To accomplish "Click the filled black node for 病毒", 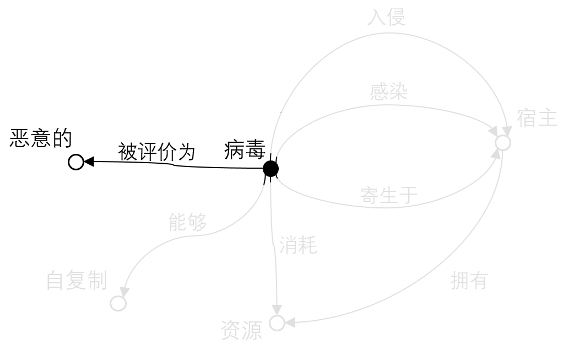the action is (270, 169).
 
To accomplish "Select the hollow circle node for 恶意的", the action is (76, 162).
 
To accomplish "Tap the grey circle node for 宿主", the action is (502, 143).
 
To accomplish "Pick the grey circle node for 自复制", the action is (118, 303).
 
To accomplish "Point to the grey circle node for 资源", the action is (277, 323).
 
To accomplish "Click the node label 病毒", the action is (245, 150).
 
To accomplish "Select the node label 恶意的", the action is (41, 138).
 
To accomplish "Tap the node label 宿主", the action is (537, 119).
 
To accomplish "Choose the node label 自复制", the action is (77, 280).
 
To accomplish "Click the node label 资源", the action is (241, 330).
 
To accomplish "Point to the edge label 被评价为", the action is (156, 152).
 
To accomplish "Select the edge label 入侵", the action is (386, 17).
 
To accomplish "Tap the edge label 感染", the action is (389, 92).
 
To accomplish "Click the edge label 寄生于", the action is (389, 195).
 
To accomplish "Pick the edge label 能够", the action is (188, 222).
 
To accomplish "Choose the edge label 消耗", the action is (298, 245).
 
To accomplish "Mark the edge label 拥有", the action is (469, 281).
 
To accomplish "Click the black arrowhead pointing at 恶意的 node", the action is (89, 162).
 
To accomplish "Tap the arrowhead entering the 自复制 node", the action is (125, 292).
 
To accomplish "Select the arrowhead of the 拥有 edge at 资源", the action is (290, 323).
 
